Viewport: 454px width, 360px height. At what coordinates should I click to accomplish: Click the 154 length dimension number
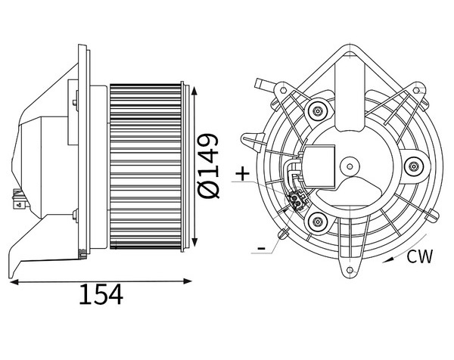[x=101, y=294]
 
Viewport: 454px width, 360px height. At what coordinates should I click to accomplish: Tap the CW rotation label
[x=420, y=256]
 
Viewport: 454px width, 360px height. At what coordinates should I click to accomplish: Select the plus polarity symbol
[x=242, y=174]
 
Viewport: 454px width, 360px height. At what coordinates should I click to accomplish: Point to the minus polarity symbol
[x=262, y=248]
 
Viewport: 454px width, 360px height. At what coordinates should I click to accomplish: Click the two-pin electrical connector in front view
[x=296, y=201]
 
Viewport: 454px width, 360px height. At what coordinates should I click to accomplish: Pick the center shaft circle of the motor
[x=350, y=166]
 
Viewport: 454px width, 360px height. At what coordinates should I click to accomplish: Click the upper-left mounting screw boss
[x=318, y=111]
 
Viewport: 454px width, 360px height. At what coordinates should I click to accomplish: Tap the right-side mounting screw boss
[x=414, y=166]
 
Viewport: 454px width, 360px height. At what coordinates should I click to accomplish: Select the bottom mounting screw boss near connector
[x=318, y=222]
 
